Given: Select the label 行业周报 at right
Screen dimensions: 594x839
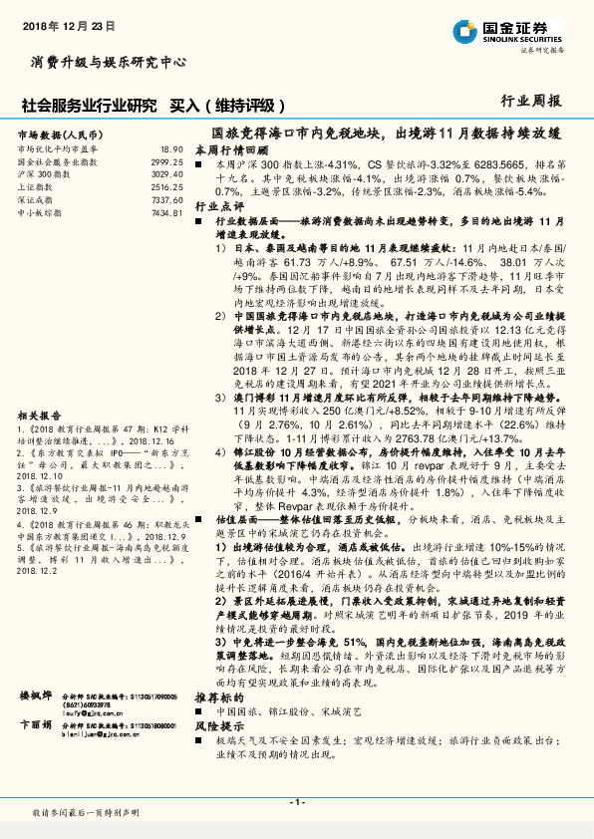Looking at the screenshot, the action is coord(530,101).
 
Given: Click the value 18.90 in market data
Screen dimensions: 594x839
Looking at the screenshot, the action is coord(171,148).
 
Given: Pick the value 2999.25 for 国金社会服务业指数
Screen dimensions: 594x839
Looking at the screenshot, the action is coord(166,160).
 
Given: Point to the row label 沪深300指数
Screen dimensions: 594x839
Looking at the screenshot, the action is coord(43,173).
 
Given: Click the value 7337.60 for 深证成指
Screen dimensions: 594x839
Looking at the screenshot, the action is coord(167,199).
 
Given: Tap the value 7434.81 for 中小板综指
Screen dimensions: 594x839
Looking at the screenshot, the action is coord(167,212).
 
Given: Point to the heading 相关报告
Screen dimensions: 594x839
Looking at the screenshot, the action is coord(40,387).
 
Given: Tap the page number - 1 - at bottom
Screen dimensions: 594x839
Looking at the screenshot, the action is coord(296,801).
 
